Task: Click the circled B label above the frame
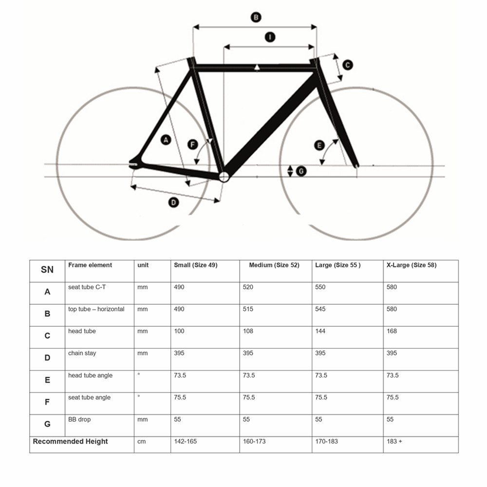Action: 256,18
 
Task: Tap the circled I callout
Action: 270,37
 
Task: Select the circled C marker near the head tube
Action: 348,65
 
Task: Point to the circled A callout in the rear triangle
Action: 166,140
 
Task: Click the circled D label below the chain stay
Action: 173,203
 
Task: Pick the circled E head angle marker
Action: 319,145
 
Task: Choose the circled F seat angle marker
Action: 192,145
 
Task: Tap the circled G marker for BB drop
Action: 301,171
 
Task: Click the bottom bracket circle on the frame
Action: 224,177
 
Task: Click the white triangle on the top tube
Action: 257,67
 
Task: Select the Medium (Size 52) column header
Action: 274,265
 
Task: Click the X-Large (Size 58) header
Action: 412,265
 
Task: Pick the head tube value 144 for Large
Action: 320,331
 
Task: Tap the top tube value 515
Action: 248,309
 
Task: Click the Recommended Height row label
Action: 70,441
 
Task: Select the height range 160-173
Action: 254,441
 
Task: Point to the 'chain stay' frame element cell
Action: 82,353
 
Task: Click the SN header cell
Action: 47,270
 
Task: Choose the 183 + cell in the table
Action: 394,441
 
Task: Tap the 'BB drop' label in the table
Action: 79,419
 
